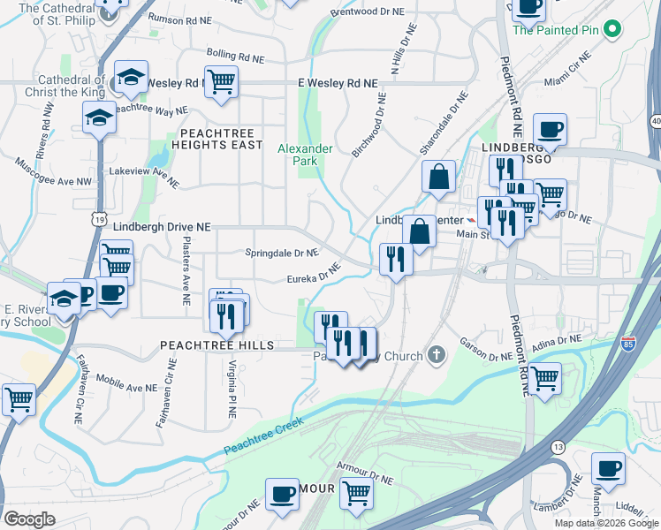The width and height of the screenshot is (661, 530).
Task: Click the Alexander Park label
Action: pyautogui.click(x=305, y=155)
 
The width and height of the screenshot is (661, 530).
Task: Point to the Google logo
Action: pyautogui.click(x=29, y=519)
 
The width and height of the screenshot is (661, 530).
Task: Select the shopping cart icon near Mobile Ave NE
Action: pyautogui.click(x=19, y=398)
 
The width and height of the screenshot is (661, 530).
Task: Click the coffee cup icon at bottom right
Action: pyautogui.click(x=608, y=468)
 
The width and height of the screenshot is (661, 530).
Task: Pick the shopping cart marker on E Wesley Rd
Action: pyautogui.click(x=221, y=82)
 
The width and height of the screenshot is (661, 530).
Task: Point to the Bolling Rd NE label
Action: pyautogui.click(x=235, y=55)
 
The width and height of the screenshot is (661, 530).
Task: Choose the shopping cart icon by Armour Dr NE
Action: pyautogui.click(x=357, y=493)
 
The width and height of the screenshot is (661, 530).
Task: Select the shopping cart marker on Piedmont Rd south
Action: pyautogui.click(x=545, y=378)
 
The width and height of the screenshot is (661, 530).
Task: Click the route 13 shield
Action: pyautogui.click(x=558, y=449)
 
